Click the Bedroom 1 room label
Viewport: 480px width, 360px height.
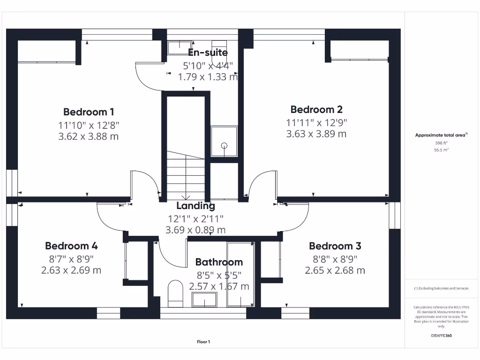(89, 112)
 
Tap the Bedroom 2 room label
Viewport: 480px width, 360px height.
(316, 109)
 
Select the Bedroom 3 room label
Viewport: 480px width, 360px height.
(335, 246)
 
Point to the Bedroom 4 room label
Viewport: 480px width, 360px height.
(71, 246)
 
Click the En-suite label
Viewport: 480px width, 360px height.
(208, 52)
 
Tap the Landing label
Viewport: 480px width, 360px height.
(195, 206)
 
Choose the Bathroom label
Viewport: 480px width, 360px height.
(219, 262)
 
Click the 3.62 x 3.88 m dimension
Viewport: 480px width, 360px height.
(89, 136)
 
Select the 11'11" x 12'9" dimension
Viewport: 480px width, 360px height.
(316, 122)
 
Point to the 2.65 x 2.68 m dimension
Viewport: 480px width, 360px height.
(335, 270)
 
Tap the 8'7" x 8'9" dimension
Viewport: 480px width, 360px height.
(71, 259)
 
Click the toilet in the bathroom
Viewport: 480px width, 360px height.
(175, 293)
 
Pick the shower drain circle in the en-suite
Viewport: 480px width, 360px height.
(225, 146)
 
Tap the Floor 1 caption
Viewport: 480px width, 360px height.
(203, 342)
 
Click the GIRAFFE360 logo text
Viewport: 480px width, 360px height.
(441, 336)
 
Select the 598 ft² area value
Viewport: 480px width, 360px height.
(441, 143)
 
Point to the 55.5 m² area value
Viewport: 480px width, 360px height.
(441, 150)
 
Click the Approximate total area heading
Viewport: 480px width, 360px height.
(441, 135)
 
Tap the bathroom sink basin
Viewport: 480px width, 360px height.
(204, 300)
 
